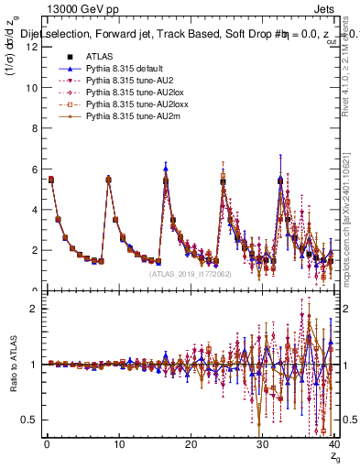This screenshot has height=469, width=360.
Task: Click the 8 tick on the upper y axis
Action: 33,129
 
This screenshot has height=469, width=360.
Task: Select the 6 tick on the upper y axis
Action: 33,169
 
